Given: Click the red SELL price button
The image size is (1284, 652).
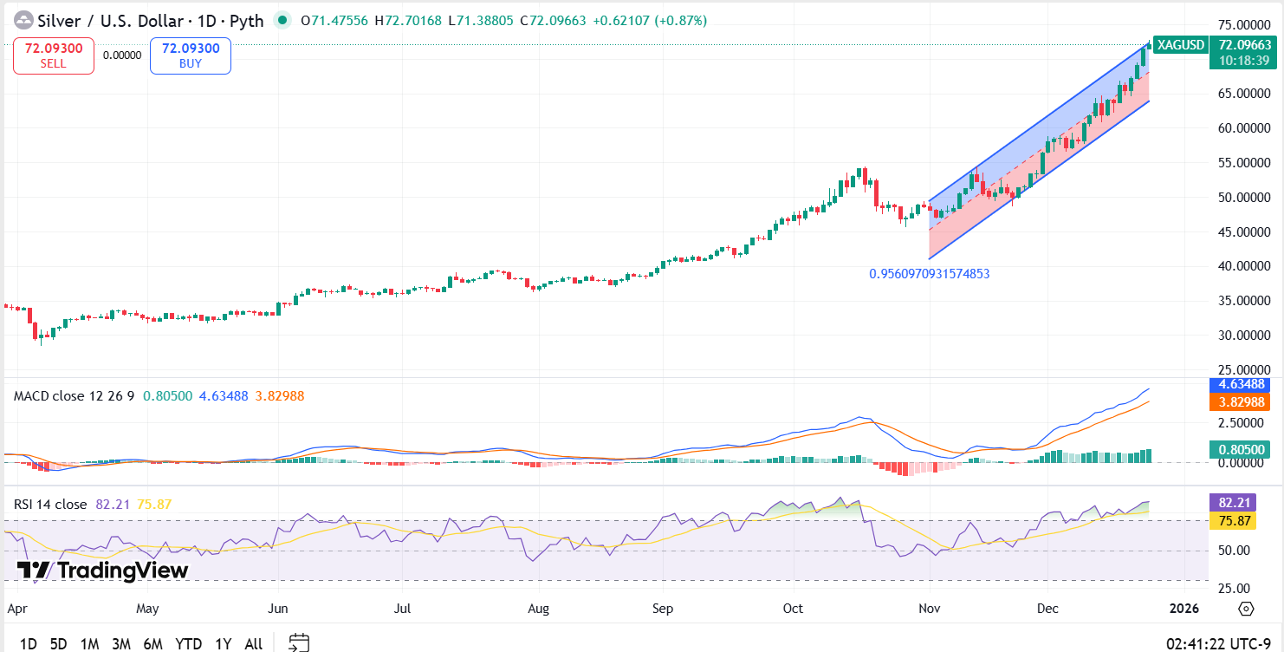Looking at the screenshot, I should pyautogui.click(x=53, y=55).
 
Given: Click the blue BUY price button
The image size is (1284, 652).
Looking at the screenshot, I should pyautogui.click(x=191, y=55).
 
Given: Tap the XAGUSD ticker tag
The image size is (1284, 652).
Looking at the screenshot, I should pyautogui.click(x=1181, y=44).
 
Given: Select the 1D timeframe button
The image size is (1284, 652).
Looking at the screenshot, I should pyautogui.click(x=28, y=643).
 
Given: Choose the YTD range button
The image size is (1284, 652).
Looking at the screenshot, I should pyautogui.click(x=188, y=643).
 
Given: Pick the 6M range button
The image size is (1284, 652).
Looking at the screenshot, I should pyautogui.click(x=153, y=643).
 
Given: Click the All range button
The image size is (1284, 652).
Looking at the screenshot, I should pyautogui.click(x=253, y=643).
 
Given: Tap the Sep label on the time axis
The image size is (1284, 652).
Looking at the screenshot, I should pyautogui.click(x=662, y=609).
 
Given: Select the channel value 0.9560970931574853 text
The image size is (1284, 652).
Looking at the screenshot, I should pyautogui.click(x=929, y=274).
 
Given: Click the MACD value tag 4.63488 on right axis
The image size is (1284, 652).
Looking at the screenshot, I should pyautogui.click(x=1243, y=384).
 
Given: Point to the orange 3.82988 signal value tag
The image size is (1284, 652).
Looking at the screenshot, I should pyautogui.click(x=1243, y=402).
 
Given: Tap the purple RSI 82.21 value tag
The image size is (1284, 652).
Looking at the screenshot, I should pyautogui.click(x=1243, y=503).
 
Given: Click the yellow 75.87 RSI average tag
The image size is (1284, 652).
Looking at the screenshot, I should pyautogui.click(x=1243, y=521).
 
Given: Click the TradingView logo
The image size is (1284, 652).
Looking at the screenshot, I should pyautogui.click(x=102, y=570).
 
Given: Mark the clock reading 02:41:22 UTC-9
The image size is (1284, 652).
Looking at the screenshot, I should pyautogui.click(x=1220, y=643).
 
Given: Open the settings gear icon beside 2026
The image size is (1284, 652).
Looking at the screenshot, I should pyautogui.click(x=1246, y=609).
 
